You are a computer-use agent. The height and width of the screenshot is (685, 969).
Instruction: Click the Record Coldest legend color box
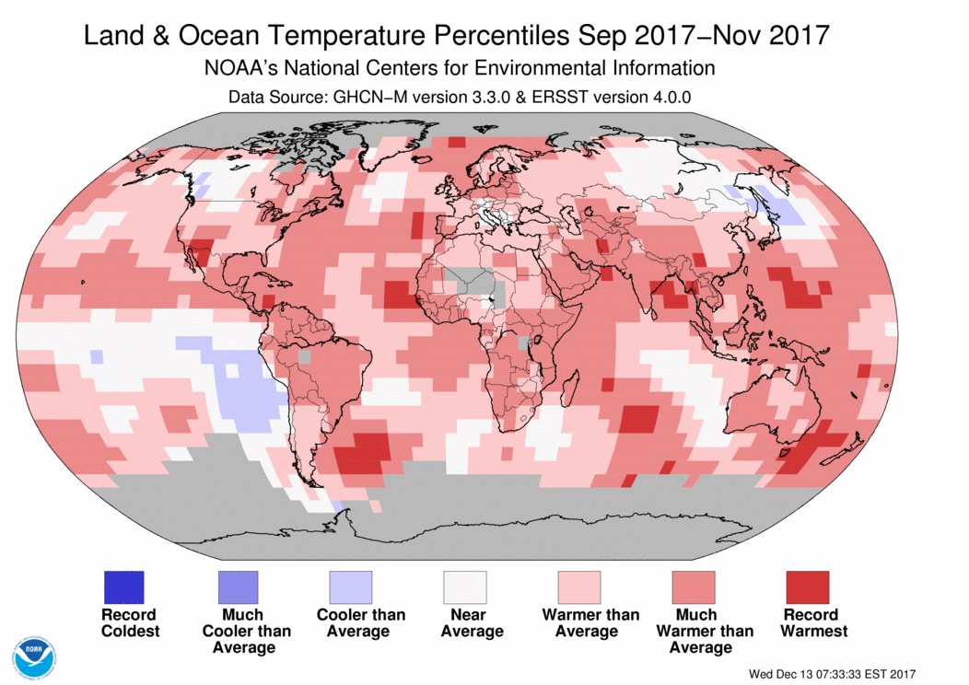[x=123, y=586]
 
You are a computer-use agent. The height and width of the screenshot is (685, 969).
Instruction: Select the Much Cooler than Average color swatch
[x=238, y=586]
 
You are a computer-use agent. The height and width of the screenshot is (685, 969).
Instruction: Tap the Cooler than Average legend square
[x=351, y=586]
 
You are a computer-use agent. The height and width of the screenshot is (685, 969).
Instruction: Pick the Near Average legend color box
[x=465, y=586]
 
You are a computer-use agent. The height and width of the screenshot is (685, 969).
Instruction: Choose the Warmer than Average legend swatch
[x=579, y=586]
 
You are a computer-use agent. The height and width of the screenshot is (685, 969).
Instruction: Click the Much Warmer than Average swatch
[x=694, y=586]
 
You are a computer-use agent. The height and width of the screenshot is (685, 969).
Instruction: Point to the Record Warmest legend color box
[x=808, y=586]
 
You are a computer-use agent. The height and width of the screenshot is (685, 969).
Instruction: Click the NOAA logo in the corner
[x=35, y=656]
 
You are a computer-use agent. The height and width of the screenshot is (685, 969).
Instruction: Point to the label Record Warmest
[x=813, y=622]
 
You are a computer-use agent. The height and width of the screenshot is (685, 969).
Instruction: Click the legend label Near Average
[x=472, y=622]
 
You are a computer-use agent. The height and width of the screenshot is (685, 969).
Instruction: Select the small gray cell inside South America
[x=304, y=356]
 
